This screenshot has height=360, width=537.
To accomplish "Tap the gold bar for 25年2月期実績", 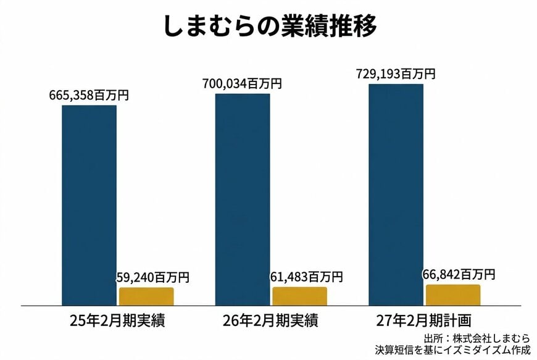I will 146,296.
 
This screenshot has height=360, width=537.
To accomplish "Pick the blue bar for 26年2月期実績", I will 243,199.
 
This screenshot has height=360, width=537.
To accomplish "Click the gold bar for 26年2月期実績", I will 299,296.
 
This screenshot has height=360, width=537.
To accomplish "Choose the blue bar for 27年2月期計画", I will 396,194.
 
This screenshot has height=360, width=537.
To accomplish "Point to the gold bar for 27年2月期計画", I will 452,295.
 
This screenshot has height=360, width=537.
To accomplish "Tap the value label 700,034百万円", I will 242,83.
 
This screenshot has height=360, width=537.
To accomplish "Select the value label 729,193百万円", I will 396,73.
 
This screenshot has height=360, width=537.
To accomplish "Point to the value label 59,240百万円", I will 153,278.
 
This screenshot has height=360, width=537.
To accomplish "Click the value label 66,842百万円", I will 459,274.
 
